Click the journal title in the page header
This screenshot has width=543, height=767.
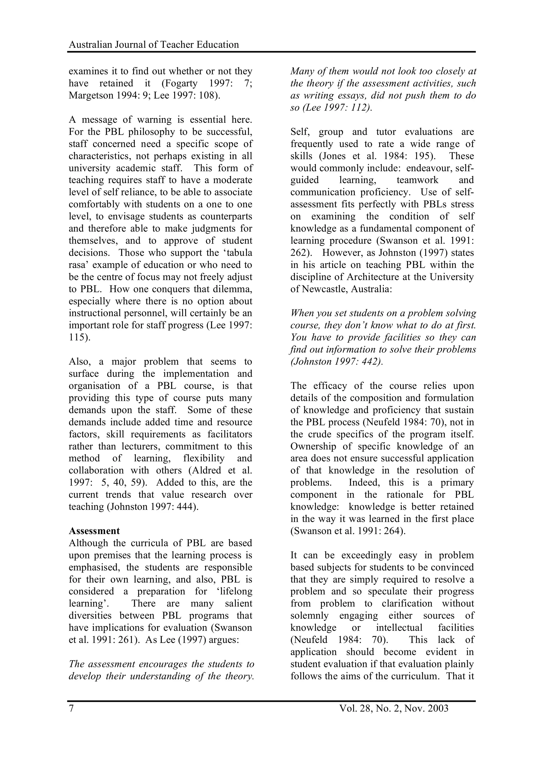(x=154, y=45)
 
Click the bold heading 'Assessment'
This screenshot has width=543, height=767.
(x=94, y=531)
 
